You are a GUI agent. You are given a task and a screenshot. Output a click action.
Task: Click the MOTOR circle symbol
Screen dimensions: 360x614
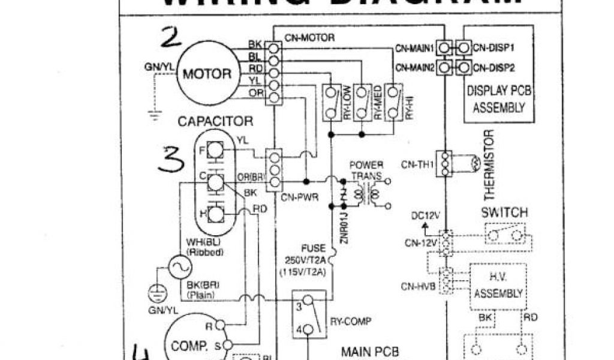pos(206,74)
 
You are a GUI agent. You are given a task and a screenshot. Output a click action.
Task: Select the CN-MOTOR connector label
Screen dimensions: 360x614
pos(309,37)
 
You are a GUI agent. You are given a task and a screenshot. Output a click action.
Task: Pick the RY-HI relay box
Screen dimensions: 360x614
pos(393,103)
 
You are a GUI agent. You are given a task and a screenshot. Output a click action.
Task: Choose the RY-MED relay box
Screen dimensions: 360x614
pos(362,103)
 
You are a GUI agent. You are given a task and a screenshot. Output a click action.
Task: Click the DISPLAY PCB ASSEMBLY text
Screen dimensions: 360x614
pos(499,100)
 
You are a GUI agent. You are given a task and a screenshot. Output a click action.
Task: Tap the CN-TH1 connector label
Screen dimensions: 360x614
pos(417,163)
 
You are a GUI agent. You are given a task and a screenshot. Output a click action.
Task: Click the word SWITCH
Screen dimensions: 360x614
pos(504,213)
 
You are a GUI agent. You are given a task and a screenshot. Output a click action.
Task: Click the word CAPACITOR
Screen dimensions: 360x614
pos(215,121)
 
